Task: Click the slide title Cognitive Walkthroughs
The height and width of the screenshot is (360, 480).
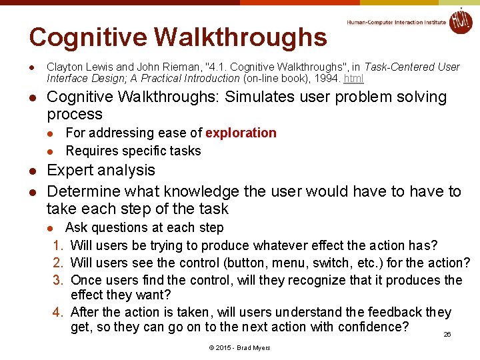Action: (x=178, y=37)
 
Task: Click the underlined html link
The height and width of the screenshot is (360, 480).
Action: (x=353, y=79)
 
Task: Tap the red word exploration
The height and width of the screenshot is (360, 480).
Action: (x=241, y=133)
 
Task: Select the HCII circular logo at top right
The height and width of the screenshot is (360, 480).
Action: (x=460, y=21)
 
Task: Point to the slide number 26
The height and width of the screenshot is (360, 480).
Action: (x=447, y=334)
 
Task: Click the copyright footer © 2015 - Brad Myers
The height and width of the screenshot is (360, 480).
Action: (x=239, y=348)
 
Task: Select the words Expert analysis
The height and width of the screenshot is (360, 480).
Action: (x=101, y=171)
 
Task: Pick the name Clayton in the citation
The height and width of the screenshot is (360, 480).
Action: (x=63, y=67)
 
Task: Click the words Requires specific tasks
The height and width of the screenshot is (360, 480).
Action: (x=133, y=151)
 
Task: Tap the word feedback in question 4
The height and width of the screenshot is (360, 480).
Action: (x=393, y=312)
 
